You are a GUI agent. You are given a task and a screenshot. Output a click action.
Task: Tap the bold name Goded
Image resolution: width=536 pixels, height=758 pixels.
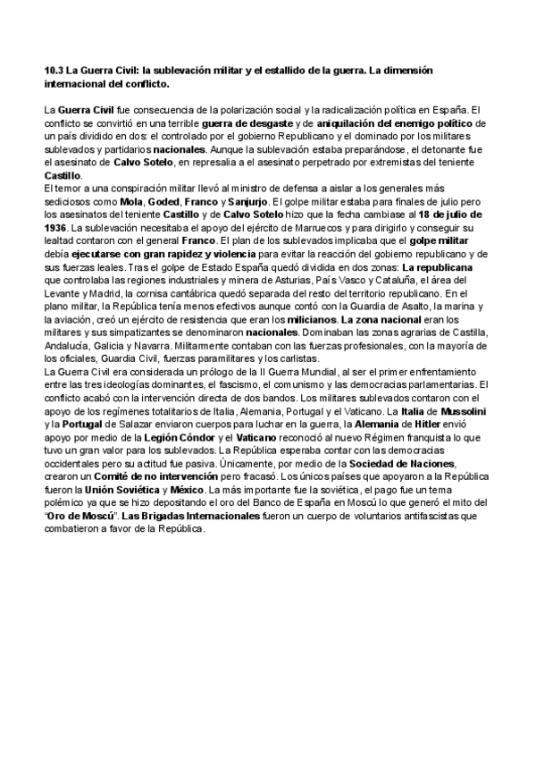(163, 203)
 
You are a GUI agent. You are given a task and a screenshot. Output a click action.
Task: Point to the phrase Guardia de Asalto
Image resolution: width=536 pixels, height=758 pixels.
(381, 306)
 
